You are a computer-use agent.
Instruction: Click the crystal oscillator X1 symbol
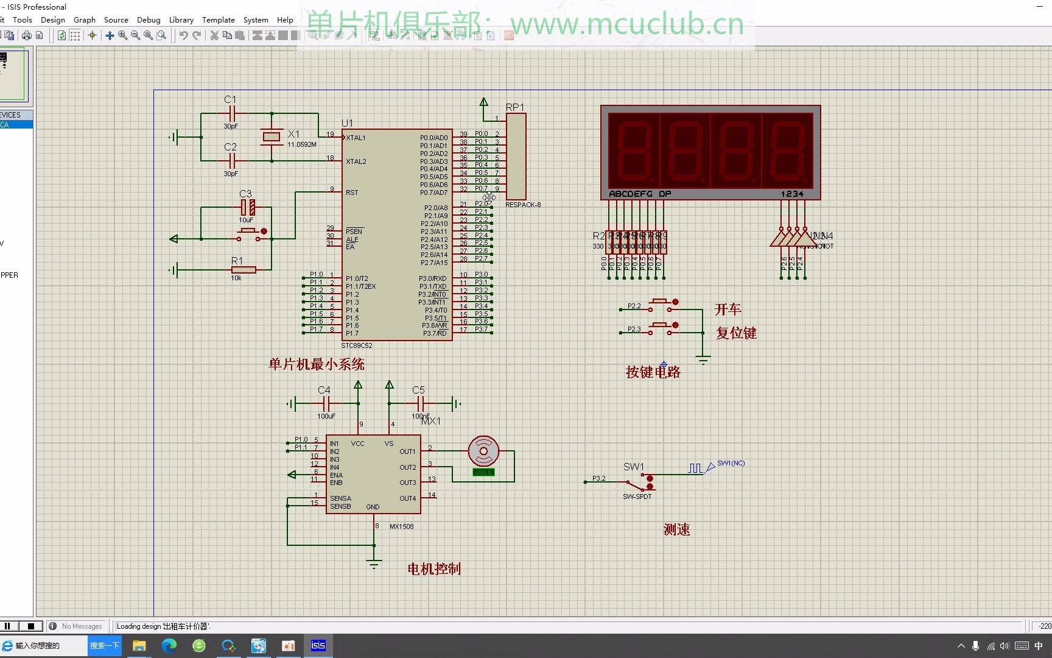click(x=272, y=136)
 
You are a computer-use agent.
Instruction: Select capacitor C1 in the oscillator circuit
click(x=231, y=113)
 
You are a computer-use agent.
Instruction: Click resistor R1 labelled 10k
click(x=244, y=269)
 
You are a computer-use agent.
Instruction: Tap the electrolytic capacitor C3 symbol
click(x=247, y=207)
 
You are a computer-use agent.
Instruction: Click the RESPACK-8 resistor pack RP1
click(x=516, y=156)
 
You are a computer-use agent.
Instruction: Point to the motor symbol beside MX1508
click(x=483, y=451)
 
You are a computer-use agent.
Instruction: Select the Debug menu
click(x=149, y=19)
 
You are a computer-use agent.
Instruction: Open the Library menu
click(x=181, y=19)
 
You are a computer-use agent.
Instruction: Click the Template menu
click(x=218, y=19)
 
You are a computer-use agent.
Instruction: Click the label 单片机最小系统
click(x=317, y=364)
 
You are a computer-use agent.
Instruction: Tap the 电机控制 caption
click(x=434, y=569)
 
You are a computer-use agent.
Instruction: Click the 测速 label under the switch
click(x=677, y=529)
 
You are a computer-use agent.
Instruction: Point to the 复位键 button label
click(x=736, y=333)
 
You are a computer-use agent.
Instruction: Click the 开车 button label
click(x=728, y=310)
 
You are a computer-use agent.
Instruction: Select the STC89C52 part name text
click(x=357, y=345)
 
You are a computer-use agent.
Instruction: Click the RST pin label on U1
click(x=352, y=193)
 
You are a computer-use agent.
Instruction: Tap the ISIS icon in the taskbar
click(x=318, y=645)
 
